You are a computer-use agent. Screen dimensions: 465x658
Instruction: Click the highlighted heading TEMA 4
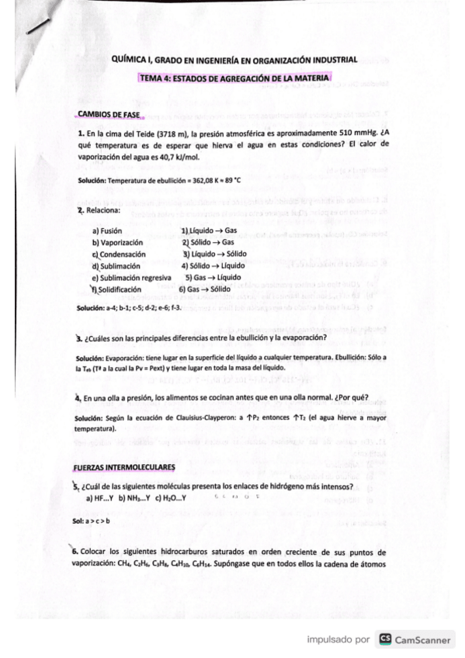click(x=234, y=78)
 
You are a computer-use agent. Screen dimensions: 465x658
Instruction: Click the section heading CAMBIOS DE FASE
click(x=108, y=115)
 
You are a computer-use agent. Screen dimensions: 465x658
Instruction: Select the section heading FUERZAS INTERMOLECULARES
click(x=124, y=467)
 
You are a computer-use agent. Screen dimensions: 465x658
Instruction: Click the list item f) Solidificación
click(x=121, y=289)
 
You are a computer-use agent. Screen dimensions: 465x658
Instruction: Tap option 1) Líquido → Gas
click(x=209, y=230)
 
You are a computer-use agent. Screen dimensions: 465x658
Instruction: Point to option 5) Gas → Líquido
click(x=213, y=277)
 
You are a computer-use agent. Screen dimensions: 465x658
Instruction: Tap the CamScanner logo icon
click(x=384, y=639)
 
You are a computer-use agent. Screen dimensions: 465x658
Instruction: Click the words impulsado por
click(x=338, y=640)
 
